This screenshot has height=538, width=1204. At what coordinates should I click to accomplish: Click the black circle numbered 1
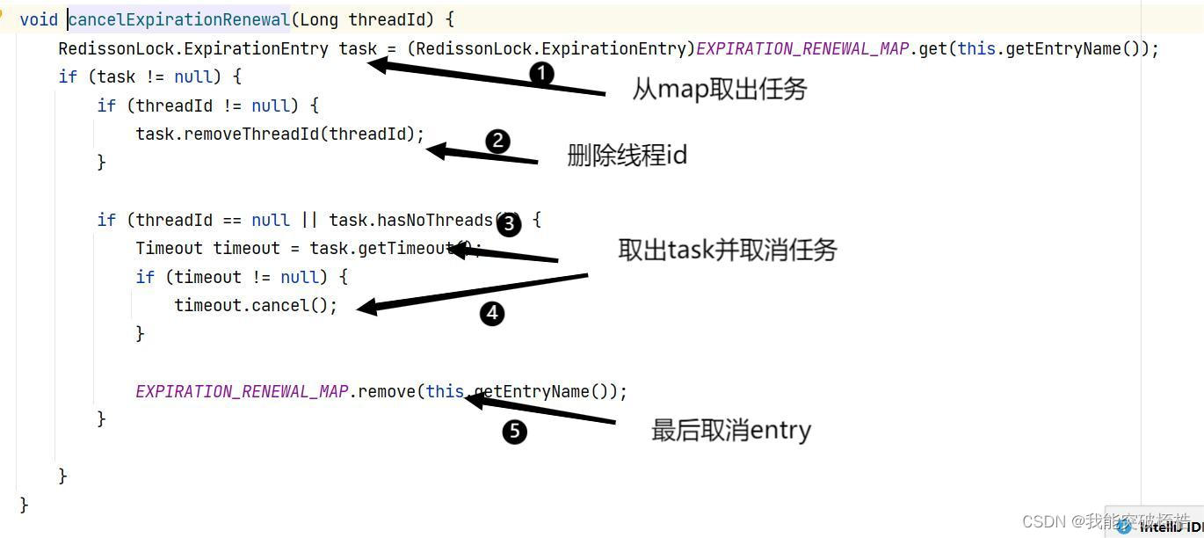click(x=542, y=74)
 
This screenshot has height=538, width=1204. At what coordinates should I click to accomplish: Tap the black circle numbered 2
click(x=497, y=141)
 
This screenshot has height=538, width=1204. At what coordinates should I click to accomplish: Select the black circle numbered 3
click(x=509, y=224)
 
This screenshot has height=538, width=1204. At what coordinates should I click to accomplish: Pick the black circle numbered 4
click(x=492, y=313)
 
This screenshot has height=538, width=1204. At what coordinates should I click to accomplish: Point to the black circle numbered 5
click(x=515, y=432)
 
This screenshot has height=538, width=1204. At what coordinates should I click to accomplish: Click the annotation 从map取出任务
click(x=719, y=89)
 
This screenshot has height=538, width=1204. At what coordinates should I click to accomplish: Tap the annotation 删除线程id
click(x=627, y=156)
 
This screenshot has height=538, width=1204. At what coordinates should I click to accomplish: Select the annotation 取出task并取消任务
click(x=728, y=251)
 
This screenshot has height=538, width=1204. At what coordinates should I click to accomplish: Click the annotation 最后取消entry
click(x=730, y=430)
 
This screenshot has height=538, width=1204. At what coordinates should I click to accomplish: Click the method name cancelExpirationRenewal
click(x=179, y=19)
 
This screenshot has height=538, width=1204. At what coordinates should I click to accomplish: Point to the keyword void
click(x=39, y=19)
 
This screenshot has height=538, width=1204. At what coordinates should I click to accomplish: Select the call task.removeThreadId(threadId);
click(x=279, y=134)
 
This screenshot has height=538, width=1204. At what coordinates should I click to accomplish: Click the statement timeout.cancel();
click(x=256, y=305)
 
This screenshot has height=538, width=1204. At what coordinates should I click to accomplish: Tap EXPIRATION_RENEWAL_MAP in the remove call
click(x=242, y=391)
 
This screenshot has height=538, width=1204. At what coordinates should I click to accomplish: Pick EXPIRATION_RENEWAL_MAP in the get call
click(x=802, y=48)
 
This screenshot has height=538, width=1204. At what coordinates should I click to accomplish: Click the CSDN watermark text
click(x=1106, y=521)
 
